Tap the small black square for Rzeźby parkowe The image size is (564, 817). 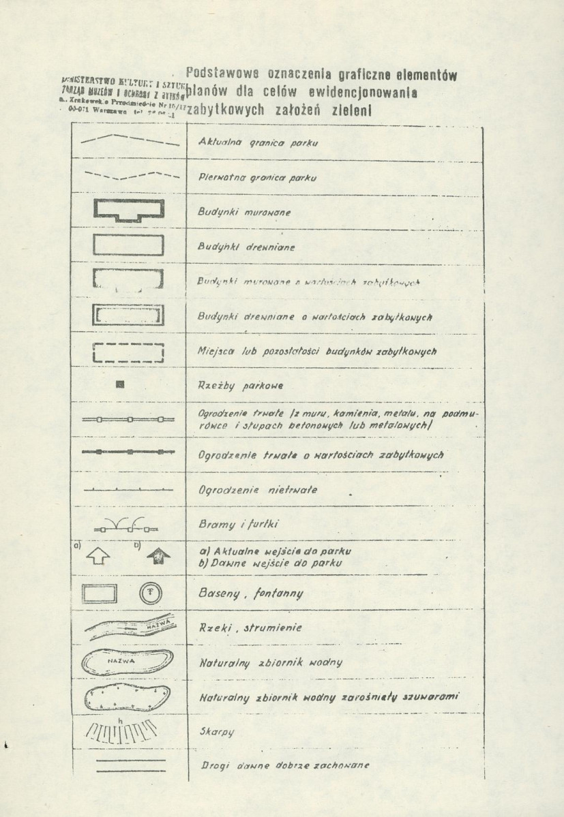coord(120,385)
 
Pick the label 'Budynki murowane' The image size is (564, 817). coord(243,212)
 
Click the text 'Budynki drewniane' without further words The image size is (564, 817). coord(246,247)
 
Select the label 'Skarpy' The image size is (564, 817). coord(216,732)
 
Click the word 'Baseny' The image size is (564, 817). coord(218,594)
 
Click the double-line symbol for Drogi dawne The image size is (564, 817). coord(128,765)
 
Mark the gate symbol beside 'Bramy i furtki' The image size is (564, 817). coord(128,525)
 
